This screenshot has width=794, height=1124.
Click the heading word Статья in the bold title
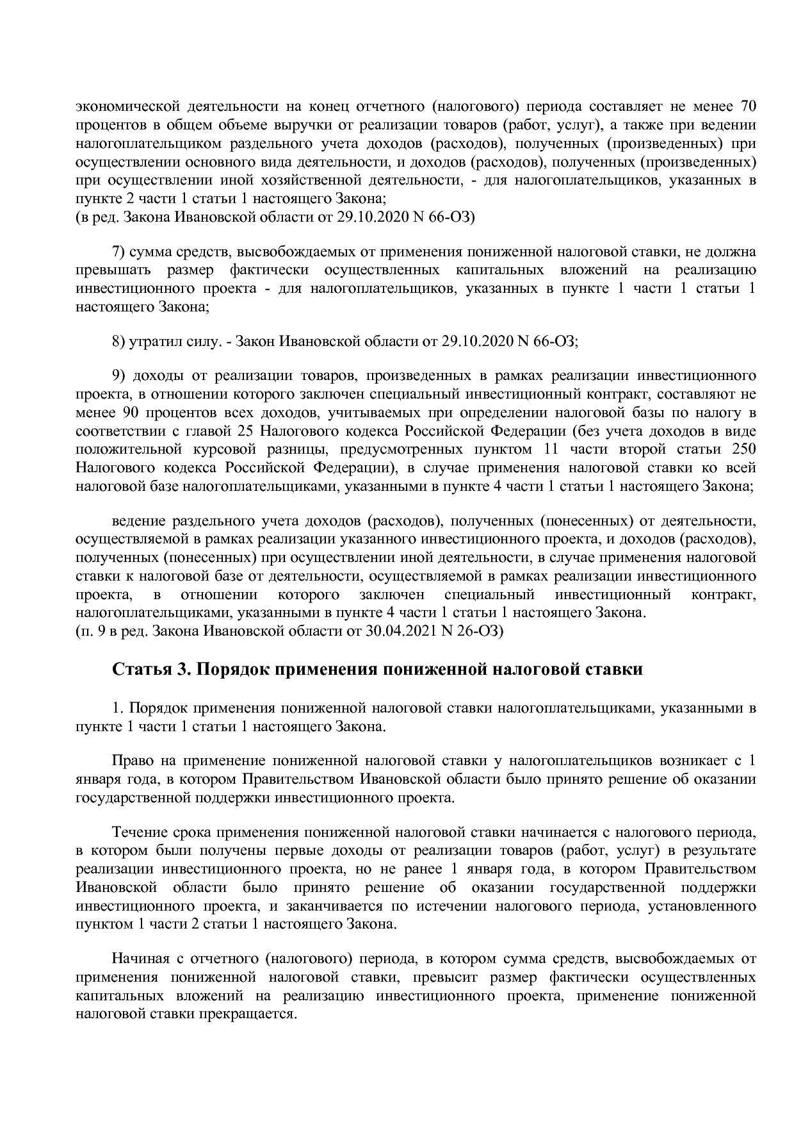[139, 670]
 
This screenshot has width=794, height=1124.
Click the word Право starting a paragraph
[131, 761]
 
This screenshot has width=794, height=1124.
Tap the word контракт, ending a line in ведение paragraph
[724, 594]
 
